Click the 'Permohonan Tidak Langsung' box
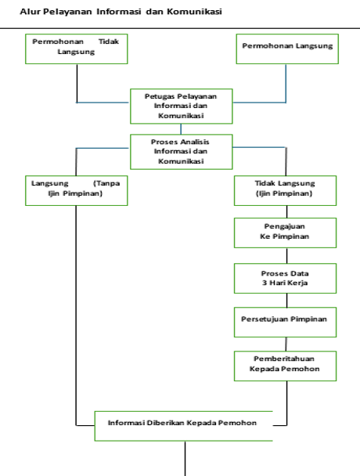pos(77,49)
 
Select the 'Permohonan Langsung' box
pos(287,49)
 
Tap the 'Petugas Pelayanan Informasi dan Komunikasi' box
pos(182,106)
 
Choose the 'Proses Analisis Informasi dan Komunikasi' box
pos(182,152)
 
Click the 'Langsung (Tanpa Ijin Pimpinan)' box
pos(77,191)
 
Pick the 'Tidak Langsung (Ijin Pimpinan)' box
pos(285,191)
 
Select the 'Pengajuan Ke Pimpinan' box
pos(285,233)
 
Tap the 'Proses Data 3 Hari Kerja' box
pos(285,279)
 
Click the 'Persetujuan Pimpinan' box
pos(285,322)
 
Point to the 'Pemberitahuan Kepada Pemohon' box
pos(285,366)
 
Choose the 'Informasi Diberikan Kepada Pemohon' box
pos(184,426)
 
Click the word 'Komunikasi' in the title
pos(194,12)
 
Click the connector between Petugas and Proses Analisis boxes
pos(181,129)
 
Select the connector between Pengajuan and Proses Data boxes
pos(287,255)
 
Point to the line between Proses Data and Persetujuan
pos(287,300)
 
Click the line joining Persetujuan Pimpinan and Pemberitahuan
pos(286,344)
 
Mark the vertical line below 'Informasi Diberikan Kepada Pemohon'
pos(185,459)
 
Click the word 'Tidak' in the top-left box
pos(109,41)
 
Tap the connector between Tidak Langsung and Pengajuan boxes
pos(287,211)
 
